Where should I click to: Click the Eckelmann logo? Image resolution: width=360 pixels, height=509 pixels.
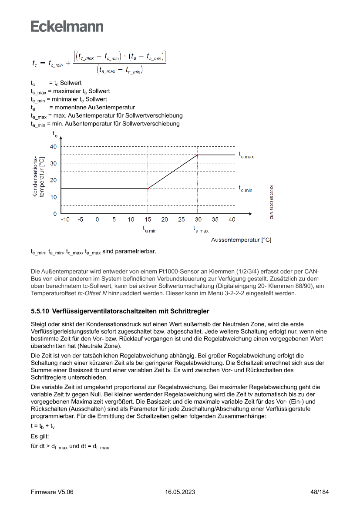[x=67, y=26]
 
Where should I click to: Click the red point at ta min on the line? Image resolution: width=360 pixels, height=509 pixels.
[x=148, y=189]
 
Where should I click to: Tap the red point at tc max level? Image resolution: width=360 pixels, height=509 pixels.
[x=198, y=155]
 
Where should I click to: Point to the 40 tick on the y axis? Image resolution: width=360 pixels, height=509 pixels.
[x=53, y=146]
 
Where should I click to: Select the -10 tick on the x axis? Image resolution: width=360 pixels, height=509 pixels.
[x=65, y=219]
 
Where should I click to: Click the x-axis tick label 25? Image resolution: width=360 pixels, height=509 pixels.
[x=182, y=219]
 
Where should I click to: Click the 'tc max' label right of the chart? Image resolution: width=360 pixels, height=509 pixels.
[x=246, y=155]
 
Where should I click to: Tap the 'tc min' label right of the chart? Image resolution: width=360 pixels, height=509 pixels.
[x=246, y=189]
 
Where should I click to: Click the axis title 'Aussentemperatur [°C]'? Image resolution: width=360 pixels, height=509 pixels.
[x=241, y=240]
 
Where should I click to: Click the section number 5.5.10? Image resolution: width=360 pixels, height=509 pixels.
[x=40, y=311]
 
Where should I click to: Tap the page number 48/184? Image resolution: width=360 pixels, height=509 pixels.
[x=319, y=492]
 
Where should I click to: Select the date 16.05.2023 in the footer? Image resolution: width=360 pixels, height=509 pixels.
[x=180, y=492]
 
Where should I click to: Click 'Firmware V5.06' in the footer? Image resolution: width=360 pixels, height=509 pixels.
[x=52, y=492]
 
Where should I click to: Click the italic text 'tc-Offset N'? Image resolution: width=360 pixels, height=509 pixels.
[x=93, y=293]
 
